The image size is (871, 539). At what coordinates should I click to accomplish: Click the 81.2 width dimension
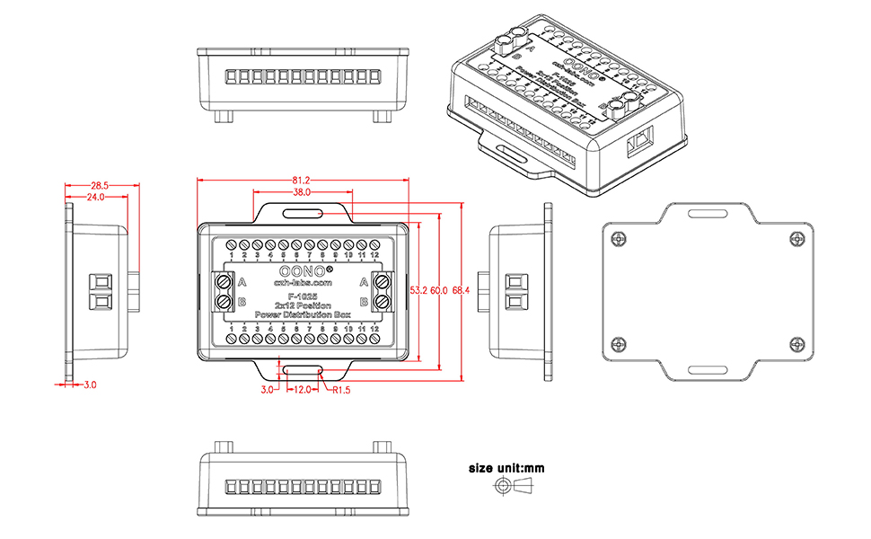(302, 180)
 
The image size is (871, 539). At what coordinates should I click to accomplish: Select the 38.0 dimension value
(302, 192)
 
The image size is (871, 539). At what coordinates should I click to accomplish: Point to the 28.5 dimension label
(100, 185)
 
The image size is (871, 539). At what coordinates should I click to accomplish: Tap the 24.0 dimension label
(95, 197)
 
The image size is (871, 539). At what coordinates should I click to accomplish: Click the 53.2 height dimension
(418, 291)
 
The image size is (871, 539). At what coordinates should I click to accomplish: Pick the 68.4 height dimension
(462, 291)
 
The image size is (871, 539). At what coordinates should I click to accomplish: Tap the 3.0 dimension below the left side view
(90, 384)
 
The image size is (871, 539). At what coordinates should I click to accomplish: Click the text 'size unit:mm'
(506, 468)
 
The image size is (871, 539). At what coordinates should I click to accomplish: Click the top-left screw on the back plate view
(615, 238)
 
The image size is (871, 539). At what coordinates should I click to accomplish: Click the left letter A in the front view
(242, 281)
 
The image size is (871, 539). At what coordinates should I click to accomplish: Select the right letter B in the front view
(362, 302)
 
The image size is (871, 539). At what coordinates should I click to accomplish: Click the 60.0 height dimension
(439, 291)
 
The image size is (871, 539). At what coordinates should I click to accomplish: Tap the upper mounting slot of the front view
(302, 213)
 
